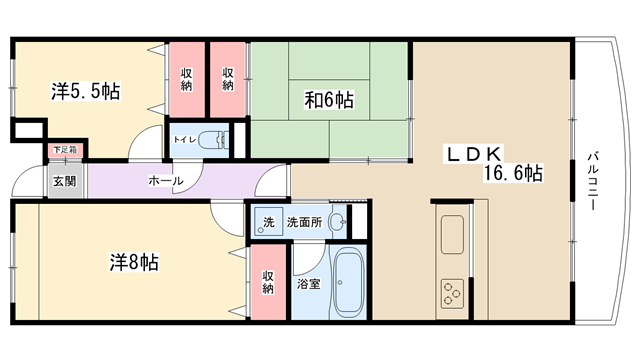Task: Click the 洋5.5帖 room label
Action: tap(86, 91)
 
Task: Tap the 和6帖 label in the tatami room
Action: tap(329, 100)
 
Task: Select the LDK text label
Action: tap(474, 154)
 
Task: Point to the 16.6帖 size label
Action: tap(513, 173)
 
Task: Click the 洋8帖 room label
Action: tap(134, 262)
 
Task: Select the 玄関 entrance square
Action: tap(65, 181)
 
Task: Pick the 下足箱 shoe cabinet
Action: tap(65, 150)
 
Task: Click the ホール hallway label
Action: tap(165, 180)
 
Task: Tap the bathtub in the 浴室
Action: tap(347, 283)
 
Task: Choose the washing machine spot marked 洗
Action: tap(268, 222)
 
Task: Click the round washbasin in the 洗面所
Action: tap(338, 222)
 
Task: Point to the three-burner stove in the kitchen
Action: tap(453, 292)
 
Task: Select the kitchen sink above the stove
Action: tap(452, 234)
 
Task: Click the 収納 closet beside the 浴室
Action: tap(268, 282)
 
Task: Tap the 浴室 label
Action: tap(309, 284)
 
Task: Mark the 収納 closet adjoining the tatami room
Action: tap(228, 80)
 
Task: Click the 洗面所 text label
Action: tap(304, 222)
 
